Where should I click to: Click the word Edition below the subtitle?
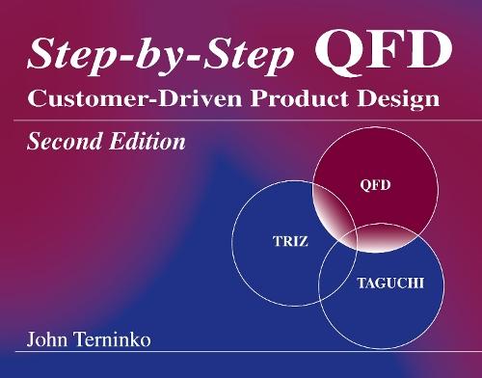click(x=145, y=144)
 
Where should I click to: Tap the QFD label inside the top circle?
click(x=374, y=186)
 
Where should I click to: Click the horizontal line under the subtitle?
click(x=241, y=120)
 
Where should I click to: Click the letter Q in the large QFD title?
click(x=336, y=54)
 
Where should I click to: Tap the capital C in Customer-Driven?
click(x=37, y=99)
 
